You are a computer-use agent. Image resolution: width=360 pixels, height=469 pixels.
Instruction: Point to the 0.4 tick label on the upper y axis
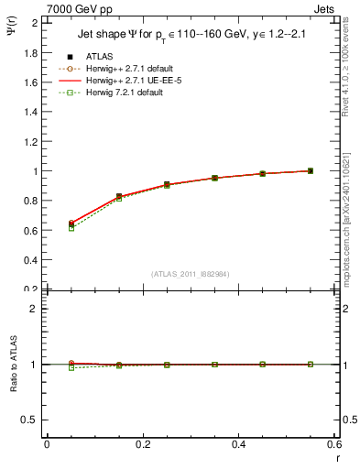[x=30, y=260]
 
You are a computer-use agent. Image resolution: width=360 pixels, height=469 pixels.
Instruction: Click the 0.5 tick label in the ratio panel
[x=30, y=420]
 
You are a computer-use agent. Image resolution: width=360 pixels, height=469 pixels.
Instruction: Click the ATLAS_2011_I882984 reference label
[x=190, y=274]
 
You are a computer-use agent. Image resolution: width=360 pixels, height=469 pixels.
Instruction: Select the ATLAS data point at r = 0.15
[x=119, y=197]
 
